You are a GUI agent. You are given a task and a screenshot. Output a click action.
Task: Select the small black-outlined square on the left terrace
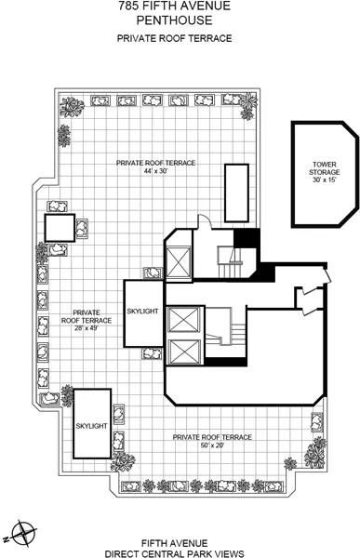[58, 227]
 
